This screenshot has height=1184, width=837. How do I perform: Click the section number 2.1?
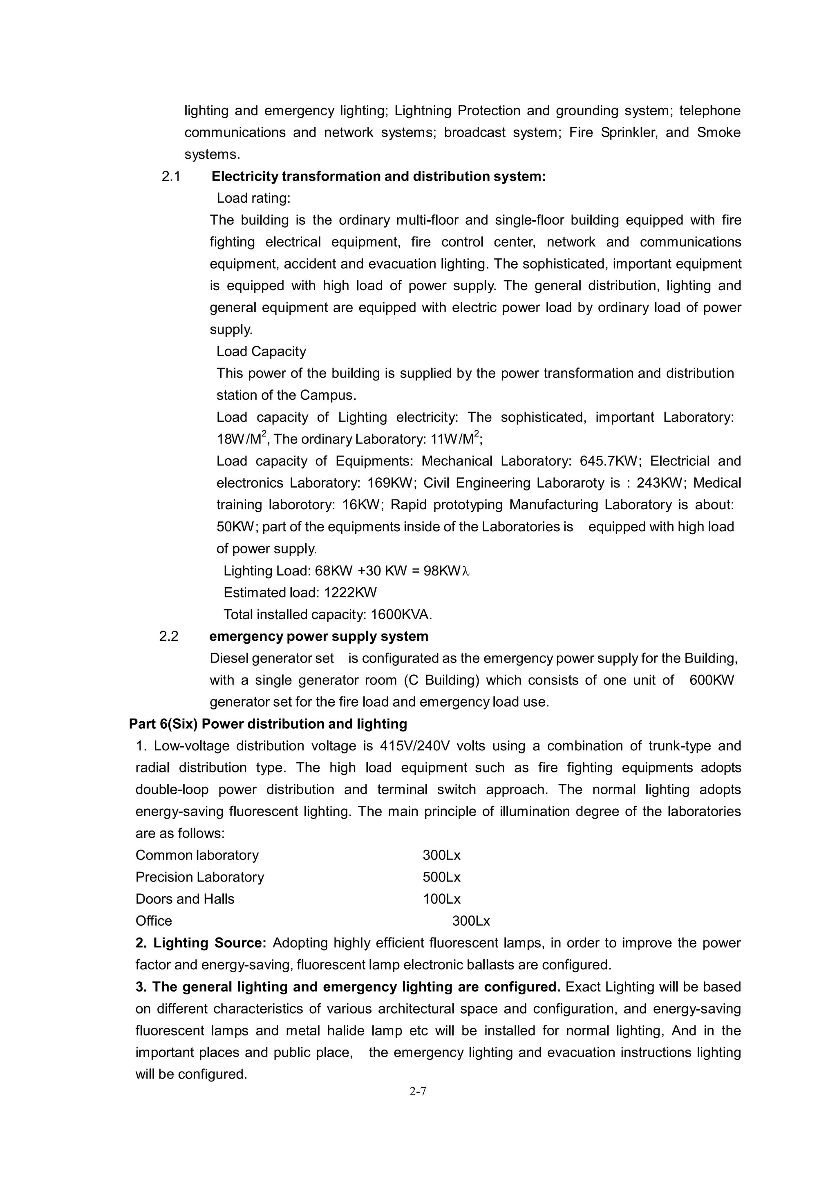[171, 177]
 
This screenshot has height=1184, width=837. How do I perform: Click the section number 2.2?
[169, 636]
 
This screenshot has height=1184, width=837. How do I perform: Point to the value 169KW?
[391, 483]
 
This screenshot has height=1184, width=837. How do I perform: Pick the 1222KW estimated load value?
[350, 593]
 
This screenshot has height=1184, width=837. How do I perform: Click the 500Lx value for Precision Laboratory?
[441, 877]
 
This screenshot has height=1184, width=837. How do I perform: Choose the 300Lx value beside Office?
[471, 921]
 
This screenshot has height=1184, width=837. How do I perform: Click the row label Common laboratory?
[197, 855]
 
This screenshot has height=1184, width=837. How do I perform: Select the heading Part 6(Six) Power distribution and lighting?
[268, 724]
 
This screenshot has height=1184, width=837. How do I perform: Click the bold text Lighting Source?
[201, 943]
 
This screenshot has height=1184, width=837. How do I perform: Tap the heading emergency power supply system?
[319, 636]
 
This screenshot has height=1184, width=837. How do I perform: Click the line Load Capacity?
[261, 352]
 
